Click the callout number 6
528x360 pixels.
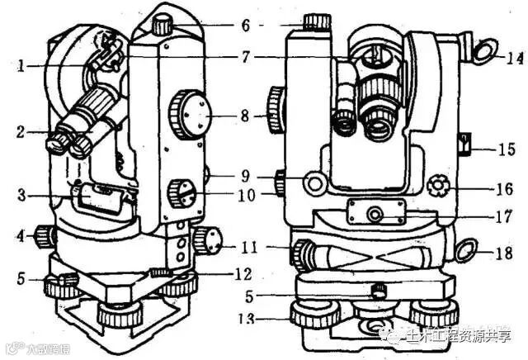[245, 25]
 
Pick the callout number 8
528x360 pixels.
[244, 116]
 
